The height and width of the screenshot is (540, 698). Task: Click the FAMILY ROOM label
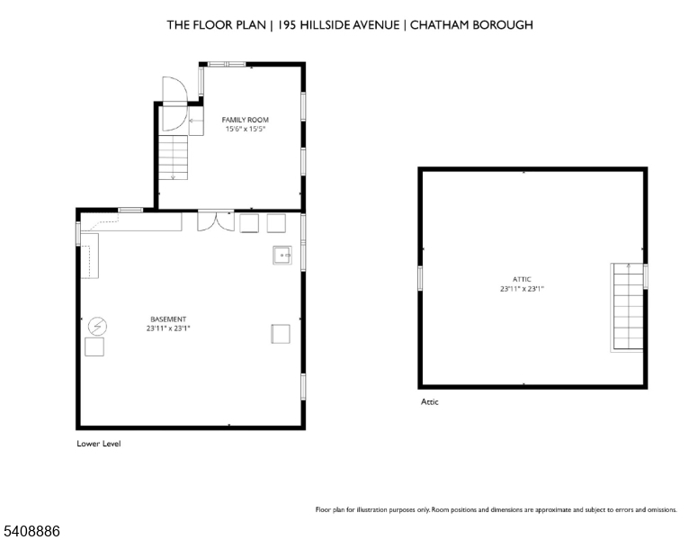pyautogui.click(x=245, y=120)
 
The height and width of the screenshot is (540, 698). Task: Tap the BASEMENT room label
pyautogui.click(x=168, y=319)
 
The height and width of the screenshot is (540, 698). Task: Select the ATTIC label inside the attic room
pyautogui.click(x=522, y=279)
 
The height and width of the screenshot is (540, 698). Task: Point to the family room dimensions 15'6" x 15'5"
pyautogui.click(x=246, y=130)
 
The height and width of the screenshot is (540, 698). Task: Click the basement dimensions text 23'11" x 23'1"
pyautogui.click(x=168, y=328)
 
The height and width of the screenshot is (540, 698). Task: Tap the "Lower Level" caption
pyautogui.click(x=98, y=444)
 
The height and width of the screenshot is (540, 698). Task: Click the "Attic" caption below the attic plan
pyautogui.click(x=430, y=402)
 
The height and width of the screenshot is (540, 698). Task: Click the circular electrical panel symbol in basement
pyautogui.click(x=97, y=326)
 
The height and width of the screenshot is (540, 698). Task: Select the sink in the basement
pyautogui.click(x=282, y=256)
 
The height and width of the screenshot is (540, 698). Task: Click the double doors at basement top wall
pyautogui.click(x=216, y=221)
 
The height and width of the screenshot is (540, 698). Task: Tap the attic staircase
pyautogui.click(x=628, y=307)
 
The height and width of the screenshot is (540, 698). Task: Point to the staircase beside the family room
pyautogui.click(x=174, y=157)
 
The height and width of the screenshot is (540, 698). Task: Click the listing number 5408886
pyautogui.click(x=31, y=531)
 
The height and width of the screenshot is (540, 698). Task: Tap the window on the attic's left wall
pyautogui.click(x=420, y=278)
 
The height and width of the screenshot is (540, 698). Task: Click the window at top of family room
pyautogui.click(x=227, y=65)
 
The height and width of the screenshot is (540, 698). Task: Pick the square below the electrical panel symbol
pyautogui.click(x=94, y=346)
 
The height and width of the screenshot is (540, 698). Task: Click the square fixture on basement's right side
pyautogui.click(x=281, y=334)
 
